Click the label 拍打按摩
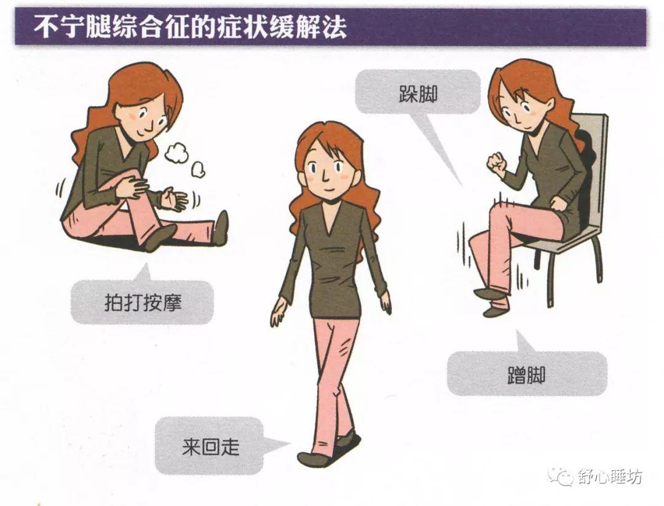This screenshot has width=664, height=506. (x=143, y=302)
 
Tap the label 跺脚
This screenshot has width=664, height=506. (x=418, y=94)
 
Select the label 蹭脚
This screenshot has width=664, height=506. (x=526, y=375)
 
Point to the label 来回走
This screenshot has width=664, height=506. (x=210, y=446)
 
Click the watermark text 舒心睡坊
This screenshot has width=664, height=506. (x=610, y=477)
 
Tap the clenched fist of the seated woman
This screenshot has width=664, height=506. (x=496, y=163)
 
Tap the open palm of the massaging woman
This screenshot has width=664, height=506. (x=173, y=199)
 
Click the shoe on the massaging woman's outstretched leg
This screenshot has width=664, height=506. (x=221, y=228)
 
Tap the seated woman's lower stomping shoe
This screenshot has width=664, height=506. (x=494, y=311)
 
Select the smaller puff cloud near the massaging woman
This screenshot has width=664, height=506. (x=198, y=170)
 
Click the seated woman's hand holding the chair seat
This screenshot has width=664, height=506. (x=558, y=204)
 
